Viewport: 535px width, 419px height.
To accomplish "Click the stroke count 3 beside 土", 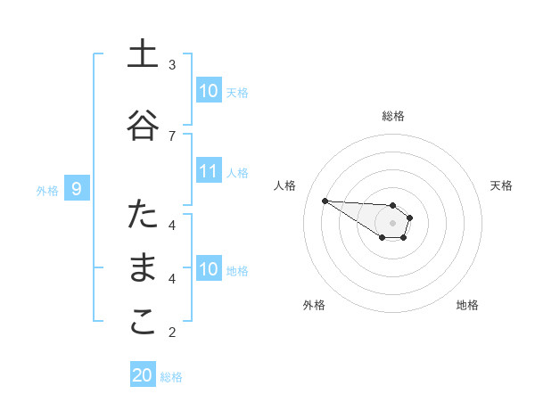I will tap(173, 64).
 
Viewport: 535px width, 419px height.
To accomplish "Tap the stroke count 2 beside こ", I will tap(173, 333).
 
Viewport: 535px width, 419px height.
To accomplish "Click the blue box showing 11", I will tap(208, 171).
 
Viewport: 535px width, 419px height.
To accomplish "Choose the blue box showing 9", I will tap(77, 189).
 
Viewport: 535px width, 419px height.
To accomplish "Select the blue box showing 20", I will tap(143, 375).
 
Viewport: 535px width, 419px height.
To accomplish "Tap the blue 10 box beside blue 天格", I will tap(208, 91).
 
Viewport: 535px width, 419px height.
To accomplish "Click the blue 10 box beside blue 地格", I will tap(208, 269).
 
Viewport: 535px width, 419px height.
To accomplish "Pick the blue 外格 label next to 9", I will tap(47, 190).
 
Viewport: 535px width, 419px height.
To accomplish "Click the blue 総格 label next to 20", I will tap(171, 377).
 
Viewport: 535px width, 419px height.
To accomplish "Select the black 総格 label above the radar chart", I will tap(393, 116).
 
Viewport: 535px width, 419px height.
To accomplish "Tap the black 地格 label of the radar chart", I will tap(467, 306).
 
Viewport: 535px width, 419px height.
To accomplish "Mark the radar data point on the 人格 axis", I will tap(325, 201).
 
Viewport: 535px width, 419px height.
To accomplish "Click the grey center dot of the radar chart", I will tap(393, 222).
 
